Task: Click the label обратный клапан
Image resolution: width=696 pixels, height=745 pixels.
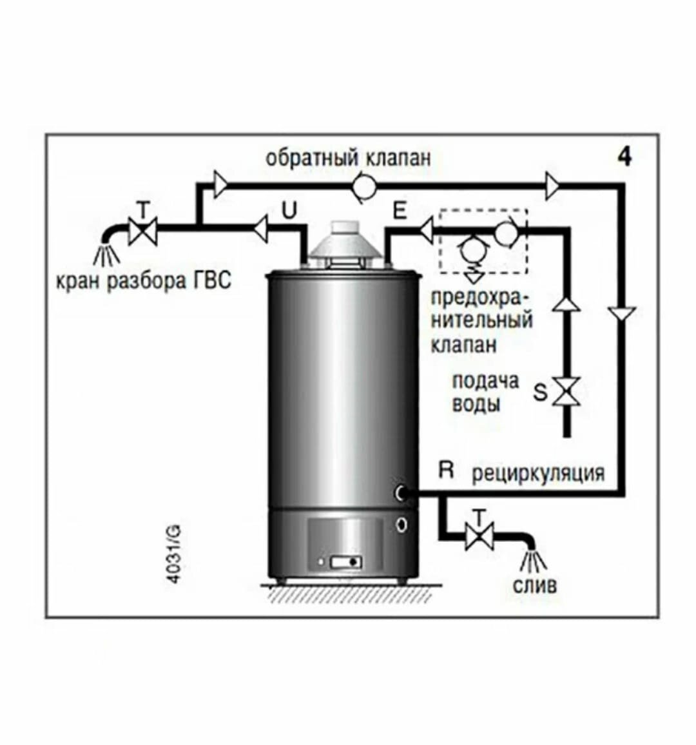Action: click(x=347, y=157)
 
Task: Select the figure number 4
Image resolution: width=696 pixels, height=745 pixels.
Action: click(x=624, y=157)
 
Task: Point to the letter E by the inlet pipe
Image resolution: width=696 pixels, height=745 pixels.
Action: click(x=400, y=211)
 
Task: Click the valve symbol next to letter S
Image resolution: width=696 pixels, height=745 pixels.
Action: click(x=568, y=392)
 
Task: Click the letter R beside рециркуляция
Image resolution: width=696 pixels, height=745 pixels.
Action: click(x=446, y=470)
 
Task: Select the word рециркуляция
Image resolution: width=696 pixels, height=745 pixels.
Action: click(x=538, y=473)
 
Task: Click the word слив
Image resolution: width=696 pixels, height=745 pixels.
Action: click(x=534, y=586)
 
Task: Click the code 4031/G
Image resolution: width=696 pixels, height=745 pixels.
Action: click(x=173, y=554)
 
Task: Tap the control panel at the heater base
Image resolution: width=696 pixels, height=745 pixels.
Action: click(x=346, y=563)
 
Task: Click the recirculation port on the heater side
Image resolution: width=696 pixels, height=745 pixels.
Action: click(x=402, y=494)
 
